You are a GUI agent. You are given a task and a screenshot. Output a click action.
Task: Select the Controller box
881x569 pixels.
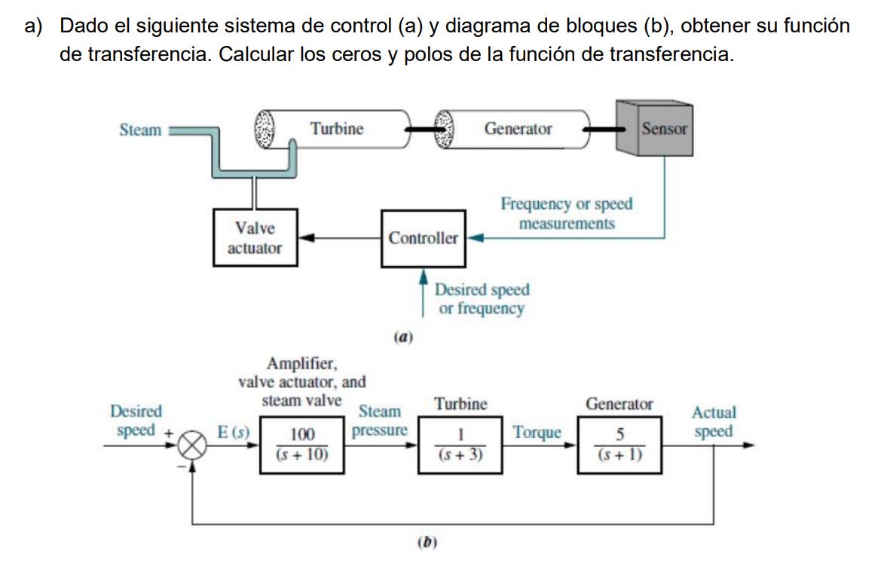(423, 239)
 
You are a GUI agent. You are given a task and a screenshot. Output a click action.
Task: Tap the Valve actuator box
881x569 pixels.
(254, 238)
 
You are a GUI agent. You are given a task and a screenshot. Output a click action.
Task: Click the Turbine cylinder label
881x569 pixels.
(337, 129)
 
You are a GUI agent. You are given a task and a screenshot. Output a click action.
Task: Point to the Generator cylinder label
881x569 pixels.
(518, 129)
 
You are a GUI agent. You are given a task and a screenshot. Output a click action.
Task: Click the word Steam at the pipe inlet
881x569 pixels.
(140, 130)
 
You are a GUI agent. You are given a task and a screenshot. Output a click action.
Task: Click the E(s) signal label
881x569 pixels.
(233, 433)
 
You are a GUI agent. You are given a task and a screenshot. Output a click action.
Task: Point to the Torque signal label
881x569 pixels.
(537, 433)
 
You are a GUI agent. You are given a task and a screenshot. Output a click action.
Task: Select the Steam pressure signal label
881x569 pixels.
(380, 421)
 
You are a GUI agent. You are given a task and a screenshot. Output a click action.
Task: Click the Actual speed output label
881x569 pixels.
(714, 422)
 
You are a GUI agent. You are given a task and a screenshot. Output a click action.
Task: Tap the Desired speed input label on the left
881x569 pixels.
(136, 421)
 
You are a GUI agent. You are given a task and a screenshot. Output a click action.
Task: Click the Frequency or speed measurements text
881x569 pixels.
(567, 213)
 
